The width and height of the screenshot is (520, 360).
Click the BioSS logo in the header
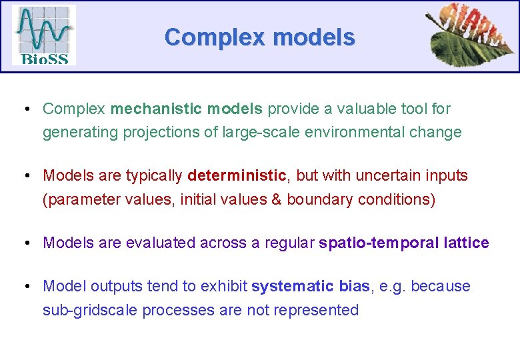coord(44,35)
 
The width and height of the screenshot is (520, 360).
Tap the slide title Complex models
coord(259,37)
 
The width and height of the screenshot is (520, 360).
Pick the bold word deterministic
coord(237,176)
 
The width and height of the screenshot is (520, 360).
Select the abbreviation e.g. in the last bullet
coord(391,287)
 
